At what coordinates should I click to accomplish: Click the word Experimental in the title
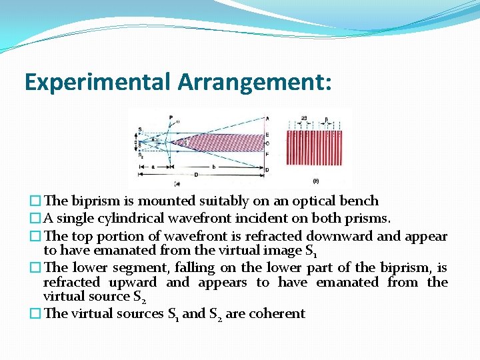[98, 82]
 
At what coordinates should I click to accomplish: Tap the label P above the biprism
[171, 118]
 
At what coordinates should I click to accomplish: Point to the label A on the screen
[267, 119]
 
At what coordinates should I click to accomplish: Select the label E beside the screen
[267, 135]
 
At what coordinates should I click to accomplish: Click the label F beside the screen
[267, 153]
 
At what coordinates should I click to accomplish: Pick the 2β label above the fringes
[305, 119]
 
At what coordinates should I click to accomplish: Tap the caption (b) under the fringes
[315, 181]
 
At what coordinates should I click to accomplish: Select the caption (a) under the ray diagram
[177, 183]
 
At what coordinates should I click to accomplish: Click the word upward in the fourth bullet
[133, 282]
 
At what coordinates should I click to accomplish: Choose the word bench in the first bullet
[361, 201]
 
